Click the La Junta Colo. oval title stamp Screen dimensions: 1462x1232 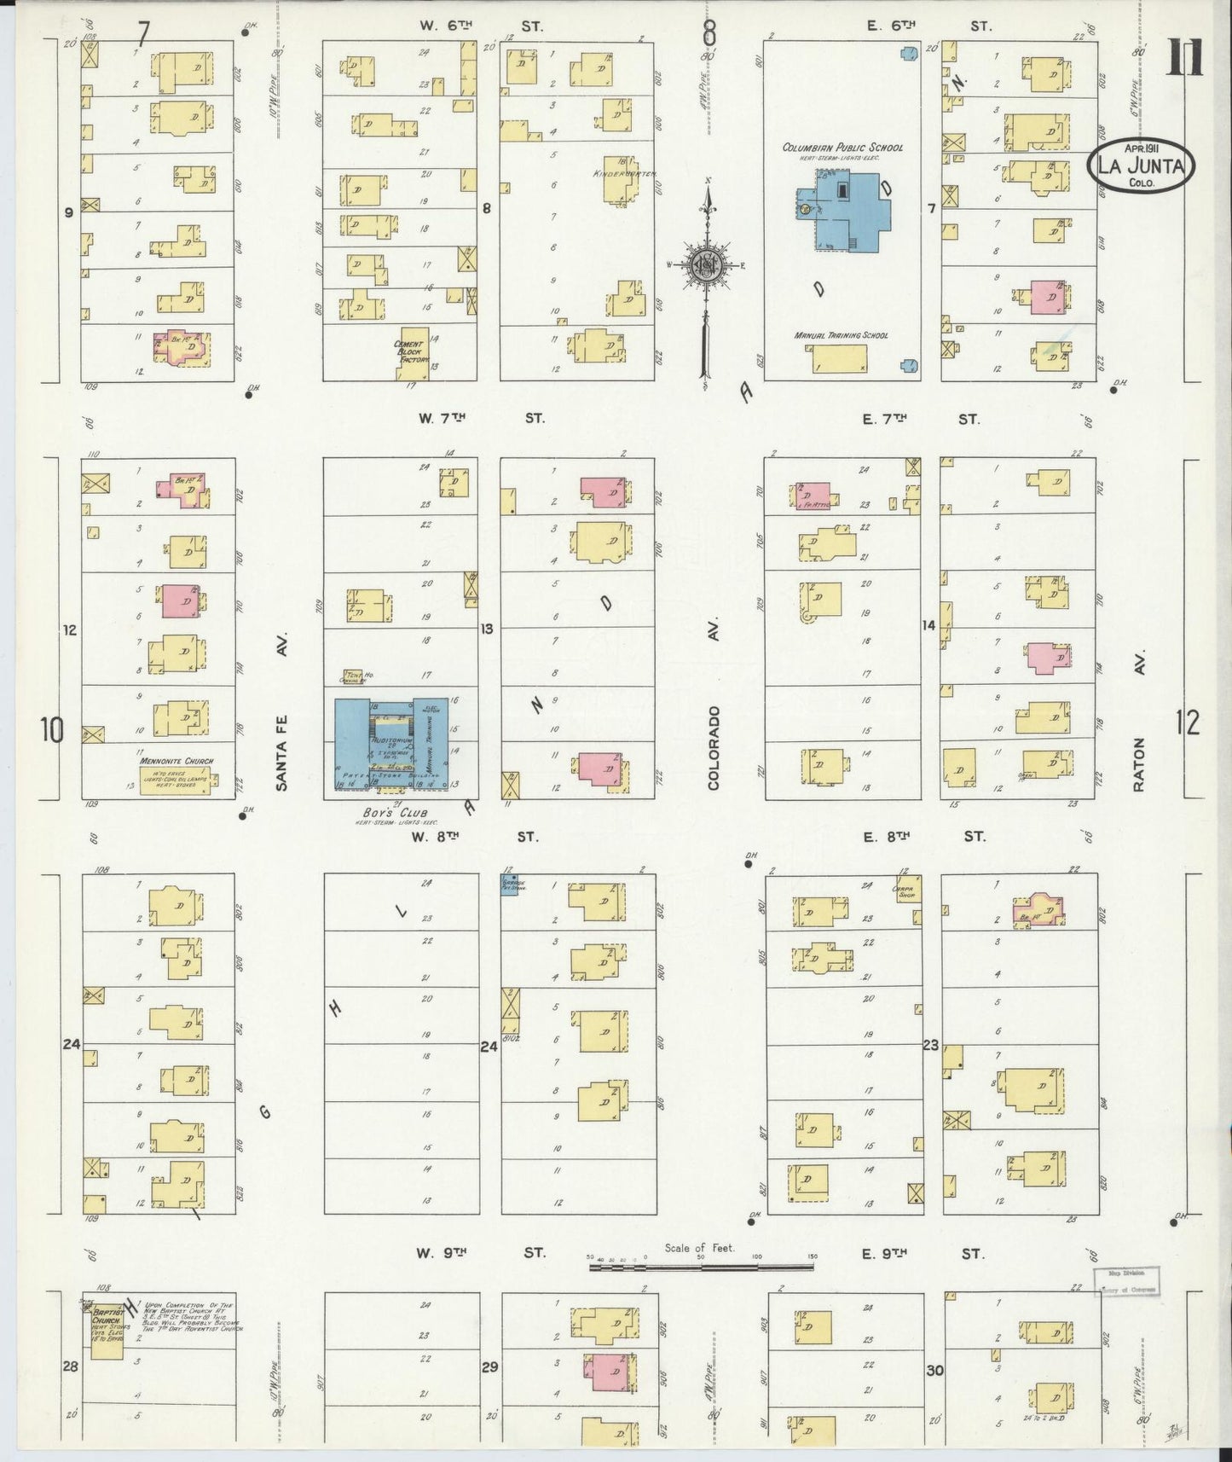[1140, 165]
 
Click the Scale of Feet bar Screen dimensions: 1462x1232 [702, 1268]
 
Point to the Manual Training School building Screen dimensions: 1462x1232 [841, 358]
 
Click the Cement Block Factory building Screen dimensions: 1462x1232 [415, 351]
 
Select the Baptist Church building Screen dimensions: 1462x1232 [107, 1336]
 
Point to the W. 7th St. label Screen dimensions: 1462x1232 [480, 418]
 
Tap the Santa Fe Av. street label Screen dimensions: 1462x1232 [282, 710]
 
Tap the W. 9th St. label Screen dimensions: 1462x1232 [480, 1253]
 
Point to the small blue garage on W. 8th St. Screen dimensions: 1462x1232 [512, 884]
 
